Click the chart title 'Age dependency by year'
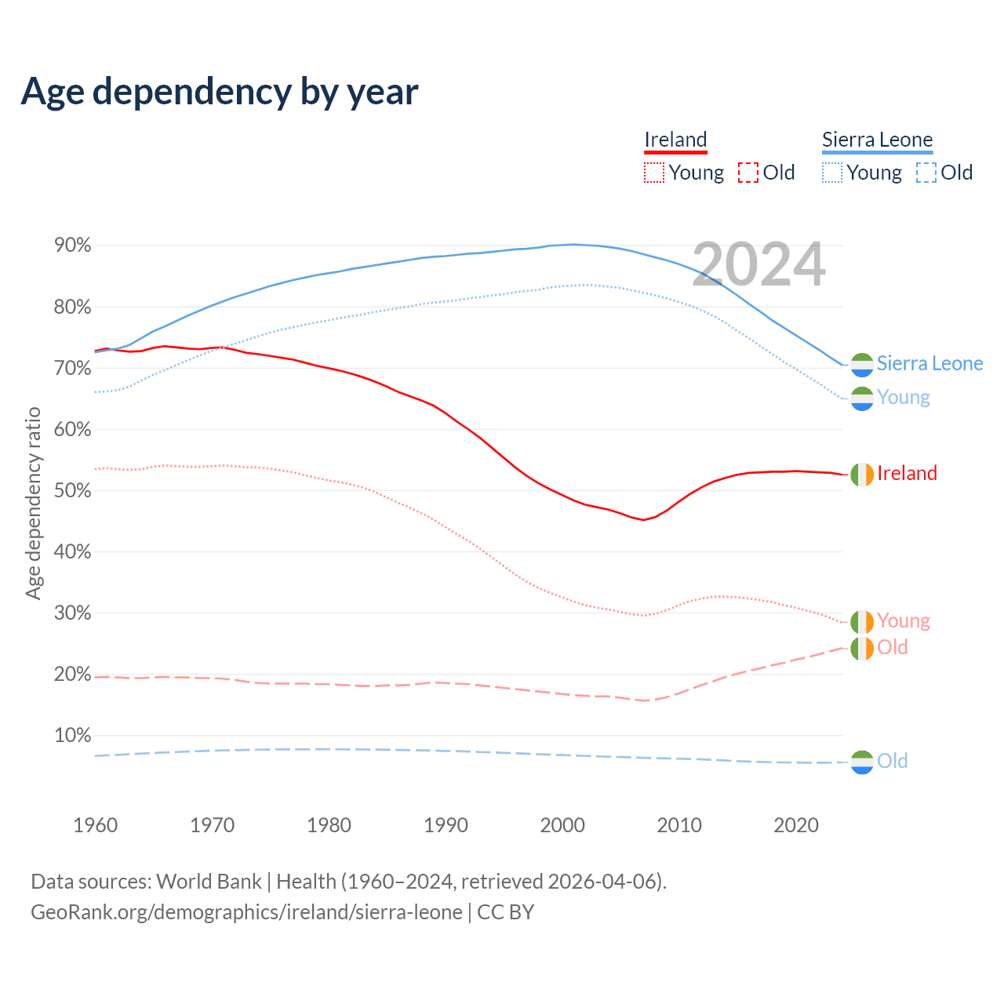coord(220,92)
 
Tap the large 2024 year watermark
coord(758,264)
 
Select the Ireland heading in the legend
coord(675,140)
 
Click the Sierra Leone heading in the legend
coord(877,140)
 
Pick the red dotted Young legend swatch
coord(653,173)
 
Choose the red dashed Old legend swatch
coord(748,173)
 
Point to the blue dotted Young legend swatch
coord(832,173)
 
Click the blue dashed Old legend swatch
coord(926,173)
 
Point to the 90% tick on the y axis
coord(72,246)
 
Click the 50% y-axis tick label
coord(72,490)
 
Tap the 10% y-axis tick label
coord(72,735)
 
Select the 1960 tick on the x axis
coord(95,825)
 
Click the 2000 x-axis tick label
coord(562,825)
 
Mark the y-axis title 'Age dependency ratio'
coord(33,502)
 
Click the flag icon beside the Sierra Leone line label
coord(862,365)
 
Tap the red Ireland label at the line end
coord(907,473)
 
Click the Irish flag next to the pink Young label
coord(862,622)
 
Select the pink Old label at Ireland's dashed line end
coord(892,647)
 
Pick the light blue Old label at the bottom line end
coord(892,761)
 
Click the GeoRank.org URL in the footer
coord(246,912)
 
